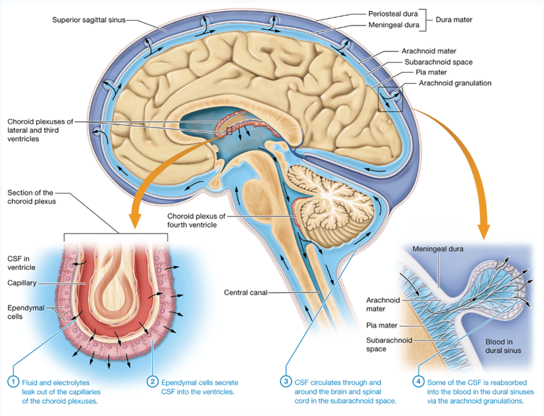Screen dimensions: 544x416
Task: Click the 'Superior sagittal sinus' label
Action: [89, 20]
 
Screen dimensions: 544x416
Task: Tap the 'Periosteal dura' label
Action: [393, 14]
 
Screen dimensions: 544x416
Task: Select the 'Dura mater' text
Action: [454, 20]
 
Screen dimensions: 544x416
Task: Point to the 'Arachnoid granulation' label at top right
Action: [455, 83]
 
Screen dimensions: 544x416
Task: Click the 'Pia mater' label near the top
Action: [431, 72]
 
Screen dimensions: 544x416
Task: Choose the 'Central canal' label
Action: [246, 292]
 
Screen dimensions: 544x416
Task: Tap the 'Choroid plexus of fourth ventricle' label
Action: [196, 220]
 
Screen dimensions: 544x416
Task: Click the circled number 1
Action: [13, 382]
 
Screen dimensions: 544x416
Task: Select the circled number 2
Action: [152, 382]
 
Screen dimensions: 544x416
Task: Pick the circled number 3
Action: [286, 382]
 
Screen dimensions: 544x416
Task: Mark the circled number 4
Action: [418, 382]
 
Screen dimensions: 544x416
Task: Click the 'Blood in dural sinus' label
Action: [503, 346]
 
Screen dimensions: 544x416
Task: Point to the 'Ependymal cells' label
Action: [26, 312]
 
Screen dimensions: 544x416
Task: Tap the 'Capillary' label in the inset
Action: [22, 283]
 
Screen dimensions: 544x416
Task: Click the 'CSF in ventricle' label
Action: [22, 263]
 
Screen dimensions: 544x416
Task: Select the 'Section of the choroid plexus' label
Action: [31, 197]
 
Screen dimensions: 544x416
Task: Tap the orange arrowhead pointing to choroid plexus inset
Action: [135, 220]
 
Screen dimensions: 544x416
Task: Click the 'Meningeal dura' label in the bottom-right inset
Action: [438, 249]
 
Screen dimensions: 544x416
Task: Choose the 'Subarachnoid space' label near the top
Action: [439, 62]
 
